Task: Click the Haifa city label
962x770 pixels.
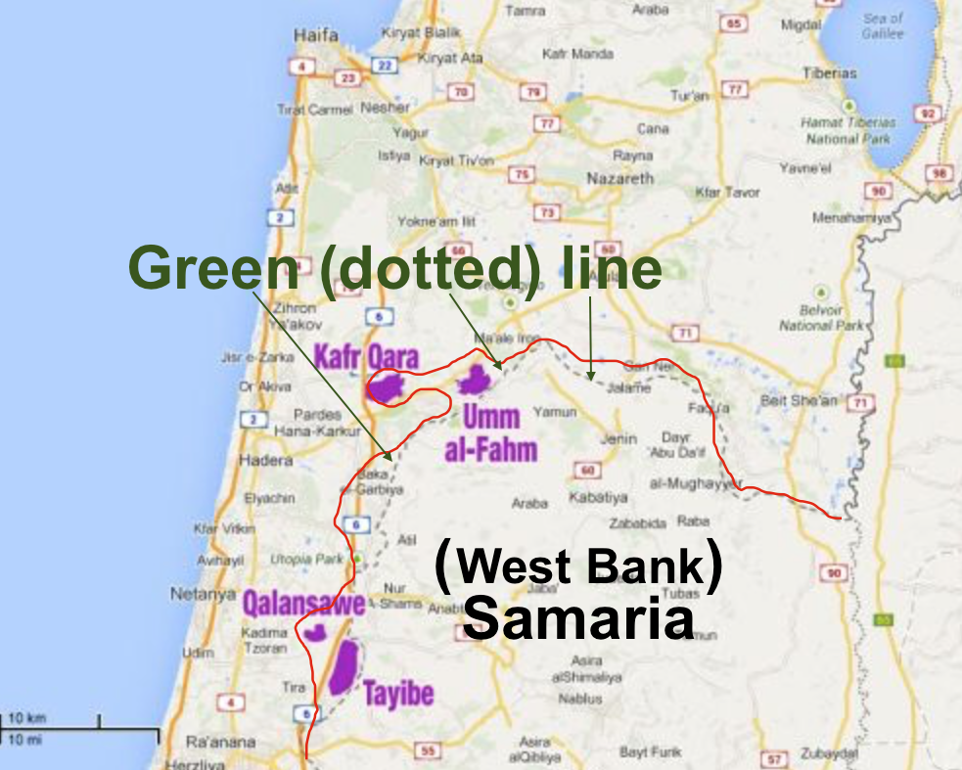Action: click(316, 35)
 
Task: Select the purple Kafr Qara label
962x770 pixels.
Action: click(366, 356)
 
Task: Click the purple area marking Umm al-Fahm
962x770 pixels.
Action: click(477, 380)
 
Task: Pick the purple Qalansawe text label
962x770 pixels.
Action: click(303, 601)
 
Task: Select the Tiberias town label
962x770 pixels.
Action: click(829, 73)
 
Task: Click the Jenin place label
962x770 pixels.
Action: click(618, 439)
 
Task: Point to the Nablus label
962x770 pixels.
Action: click(580, 700)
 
